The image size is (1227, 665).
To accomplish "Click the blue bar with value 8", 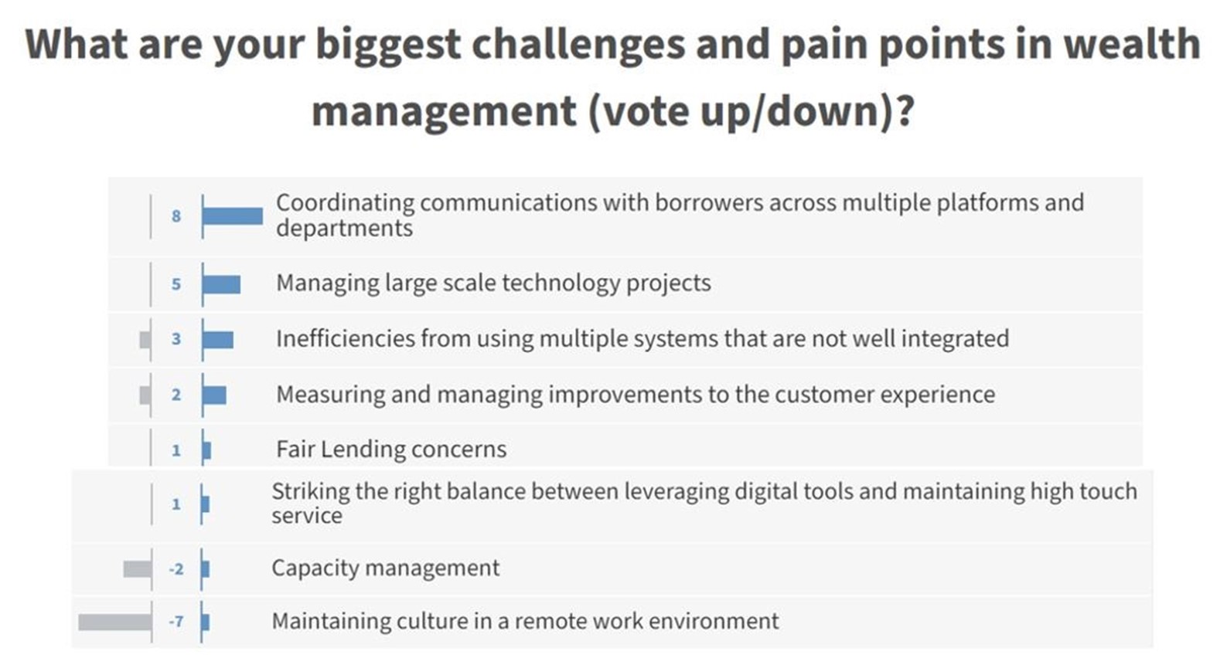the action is (232, 216).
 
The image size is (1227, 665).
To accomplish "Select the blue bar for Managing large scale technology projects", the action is (221, 284).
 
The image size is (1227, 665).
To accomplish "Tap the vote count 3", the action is (176, 339).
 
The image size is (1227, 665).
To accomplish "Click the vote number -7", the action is (176, 622).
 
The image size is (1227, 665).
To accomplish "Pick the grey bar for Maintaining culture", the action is (115, 623).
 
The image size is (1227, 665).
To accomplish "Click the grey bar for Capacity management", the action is (138, 569).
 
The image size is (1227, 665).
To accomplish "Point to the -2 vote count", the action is (176, 570).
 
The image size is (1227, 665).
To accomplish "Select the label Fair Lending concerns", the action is (391, 450).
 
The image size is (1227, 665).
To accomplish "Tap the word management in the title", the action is (445, 111).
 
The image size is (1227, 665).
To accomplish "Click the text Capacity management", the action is (385, 568).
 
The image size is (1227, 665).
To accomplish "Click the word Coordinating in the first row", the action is (345, 203).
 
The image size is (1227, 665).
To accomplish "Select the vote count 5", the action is (176, 284).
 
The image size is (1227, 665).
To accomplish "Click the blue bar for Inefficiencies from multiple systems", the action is (218, 340).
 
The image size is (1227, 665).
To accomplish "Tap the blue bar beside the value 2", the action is (214, 395).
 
